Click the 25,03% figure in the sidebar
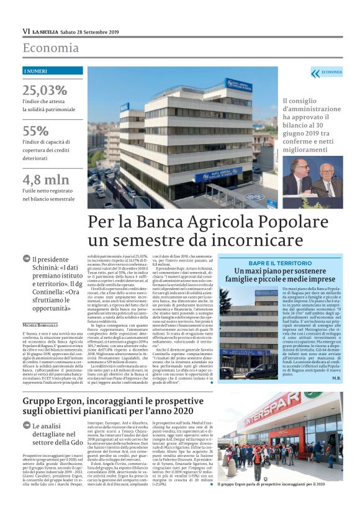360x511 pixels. [x=44, y=90]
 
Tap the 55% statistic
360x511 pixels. [x=35, y=131]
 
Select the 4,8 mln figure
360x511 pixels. [x=45, y=179]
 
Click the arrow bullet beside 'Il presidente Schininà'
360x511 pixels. [x=26, y=259]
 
